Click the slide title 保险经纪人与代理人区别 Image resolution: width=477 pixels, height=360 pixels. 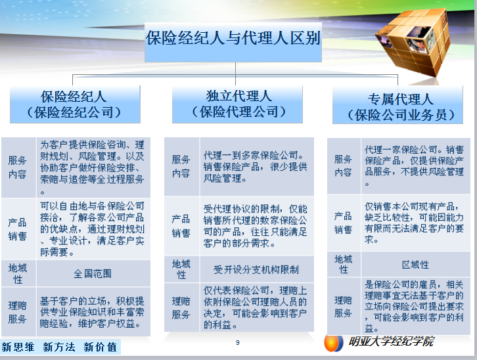tap(233, 37)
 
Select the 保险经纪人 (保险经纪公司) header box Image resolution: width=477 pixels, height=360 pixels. tap(74, 104)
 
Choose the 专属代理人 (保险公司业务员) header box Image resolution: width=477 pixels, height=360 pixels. tap(400, 107)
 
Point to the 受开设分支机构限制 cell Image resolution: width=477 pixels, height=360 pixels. tap(256, 269)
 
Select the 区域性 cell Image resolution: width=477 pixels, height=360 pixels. tap(415, 264)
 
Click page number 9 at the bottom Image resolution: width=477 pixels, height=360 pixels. tap(238, 343)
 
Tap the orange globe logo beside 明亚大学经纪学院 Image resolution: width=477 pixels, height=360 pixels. tap(333, 344)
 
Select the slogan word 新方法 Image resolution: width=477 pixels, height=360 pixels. tap(59, 347)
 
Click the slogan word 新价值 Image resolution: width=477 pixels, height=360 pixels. tap(100, 347)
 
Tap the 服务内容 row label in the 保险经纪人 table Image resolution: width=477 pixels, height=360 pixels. tap(18, 167)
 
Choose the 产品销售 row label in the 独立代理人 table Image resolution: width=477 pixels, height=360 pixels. tap(181, 225)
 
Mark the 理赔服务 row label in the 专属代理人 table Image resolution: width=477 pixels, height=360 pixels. tap(343, 306)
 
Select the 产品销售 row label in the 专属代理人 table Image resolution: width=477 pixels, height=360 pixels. tap(343, 223)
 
